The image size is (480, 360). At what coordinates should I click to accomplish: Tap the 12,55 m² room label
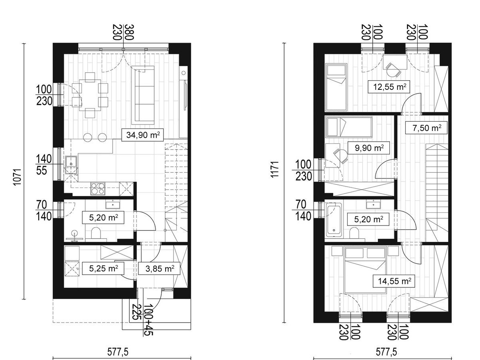coord(389,87)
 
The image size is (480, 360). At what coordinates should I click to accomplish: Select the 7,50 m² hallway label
coord(427,128)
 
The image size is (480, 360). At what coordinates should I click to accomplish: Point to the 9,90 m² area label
coord(369,148)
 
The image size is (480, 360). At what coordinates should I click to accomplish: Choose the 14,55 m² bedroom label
coord(394,281)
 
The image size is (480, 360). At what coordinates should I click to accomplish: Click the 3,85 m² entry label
coord(160,269)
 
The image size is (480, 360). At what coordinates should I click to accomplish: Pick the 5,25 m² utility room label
coord(103,269)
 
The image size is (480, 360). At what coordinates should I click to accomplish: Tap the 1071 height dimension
coord(17,177)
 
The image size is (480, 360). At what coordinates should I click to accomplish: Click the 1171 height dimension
coord(275,170)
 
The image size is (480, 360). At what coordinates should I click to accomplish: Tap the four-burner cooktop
coord(98,188)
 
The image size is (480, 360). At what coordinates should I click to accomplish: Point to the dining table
coord(90,95)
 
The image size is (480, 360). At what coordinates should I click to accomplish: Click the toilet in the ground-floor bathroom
coord(96,233)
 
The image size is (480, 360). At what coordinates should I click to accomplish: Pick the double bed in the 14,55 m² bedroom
coord(365,270)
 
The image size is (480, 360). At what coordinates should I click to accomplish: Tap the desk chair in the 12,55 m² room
coord(393,70)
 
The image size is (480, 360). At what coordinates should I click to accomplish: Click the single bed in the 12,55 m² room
coord(336,87)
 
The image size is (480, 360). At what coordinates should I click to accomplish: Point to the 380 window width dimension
coord(129,32)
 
